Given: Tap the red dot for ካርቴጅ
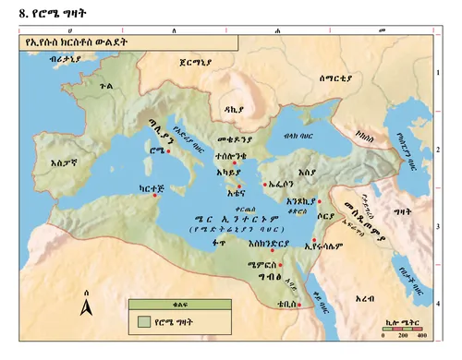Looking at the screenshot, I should pyautogui.click(x=155, y=195).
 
